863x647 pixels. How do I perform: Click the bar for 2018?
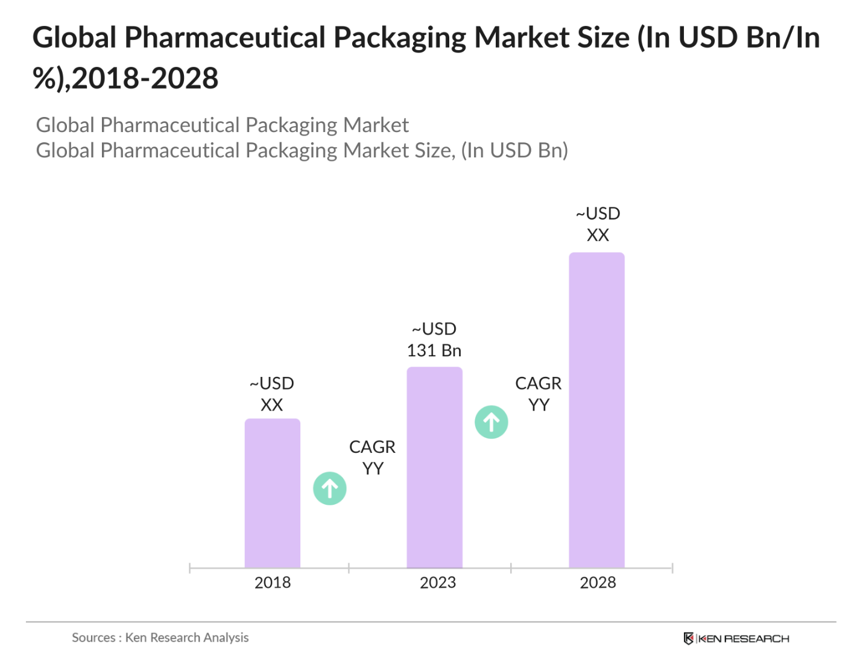[x=272, y=493]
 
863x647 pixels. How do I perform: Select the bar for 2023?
[x=434, y=467]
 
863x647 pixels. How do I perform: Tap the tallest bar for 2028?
[x=596, y=410]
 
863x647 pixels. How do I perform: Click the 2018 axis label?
[x=273, y=582]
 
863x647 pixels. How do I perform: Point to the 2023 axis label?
[x=438, y=582]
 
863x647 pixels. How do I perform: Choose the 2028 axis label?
[x=598, y=582]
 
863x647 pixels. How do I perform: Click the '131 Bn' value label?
[x=434, y=350]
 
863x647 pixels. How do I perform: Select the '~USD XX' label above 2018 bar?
[x=272, y=394]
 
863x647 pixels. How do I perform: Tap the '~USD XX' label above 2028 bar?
[x=598, y=224]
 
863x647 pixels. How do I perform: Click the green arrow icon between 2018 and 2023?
[x=330, y=488]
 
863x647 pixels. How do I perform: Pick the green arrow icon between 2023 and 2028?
[x=492, y=422]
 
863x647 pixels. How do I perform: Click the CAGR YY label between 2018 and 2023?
[x=372, y=457]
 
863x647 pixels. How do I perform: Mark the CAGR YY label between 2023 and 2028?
[x=538, y=394]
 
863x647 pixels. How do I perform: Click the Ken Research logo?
[x=736, y=639]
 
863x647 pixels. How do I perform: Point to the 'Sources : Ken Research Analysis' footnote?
[x=160, y=637]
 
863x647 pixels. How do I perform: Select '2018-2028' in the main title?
[x=145, y=78]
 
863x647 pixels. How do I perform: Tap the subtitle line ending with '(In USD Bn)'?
[x=302, y=150]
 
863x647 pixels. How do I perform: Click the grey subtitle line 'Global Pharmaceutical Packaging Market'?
[x=222, y=125]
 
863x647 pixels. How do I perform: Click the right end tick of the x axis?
[x=672, y=568]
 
